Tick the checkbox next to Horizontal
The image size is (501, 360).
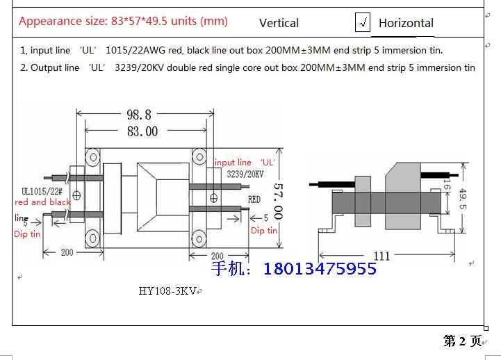[x=363, y=22]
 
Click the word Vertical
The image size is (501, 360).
[x=279, y=23]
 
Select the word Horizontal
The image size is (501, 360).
[x=406, y=23]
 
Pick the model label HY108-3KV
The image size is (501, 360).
[x=167, y=291]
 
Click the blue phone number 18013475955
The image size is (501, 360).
[x=320, y=268]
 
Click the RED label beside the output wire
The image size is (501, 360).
[x=254, y=199]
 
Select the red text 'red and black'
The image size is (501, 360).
[x=42, y=202]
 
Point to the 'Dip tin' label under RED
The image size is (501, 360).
[x=264, y=231]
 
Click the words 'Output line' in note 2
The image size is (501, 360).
[x=55, y=67]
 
